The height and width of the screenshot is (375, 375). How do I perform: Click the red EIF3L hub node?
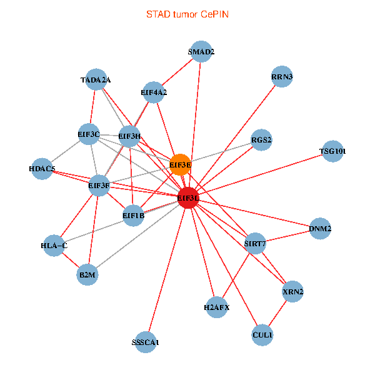(189, 198)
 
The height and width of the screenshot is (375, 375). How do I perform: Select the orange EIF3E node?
(180, 164)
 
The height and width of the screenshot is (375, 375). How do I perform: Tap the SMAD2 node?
(201, 52)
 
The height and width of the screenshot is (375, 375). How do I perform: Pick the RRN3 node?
(282, 77)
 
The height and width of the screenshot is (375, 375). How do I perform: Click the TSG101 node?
(332, 151)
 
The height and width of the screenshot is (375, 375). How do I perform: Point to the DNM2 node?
(320, 229)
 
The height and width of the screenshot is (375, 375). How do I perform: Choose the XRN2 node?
(292, 292)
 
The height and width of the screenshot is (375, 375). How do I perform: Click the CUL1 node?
(262, 336)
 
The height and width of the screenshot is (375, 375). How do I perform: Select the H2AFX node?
(216, 307)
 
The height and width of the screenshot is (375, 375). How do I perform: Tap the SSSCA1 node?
(146, 342)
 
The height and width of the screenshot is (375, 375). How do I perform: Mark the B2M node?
(88, 274)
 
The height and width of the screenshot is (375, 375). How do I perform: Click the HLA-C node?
(54, 246)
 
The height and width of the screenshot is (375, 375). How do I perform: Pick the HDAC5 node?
(42, 169)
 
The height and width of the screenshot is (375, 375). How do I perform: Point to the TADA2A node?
(96, 79)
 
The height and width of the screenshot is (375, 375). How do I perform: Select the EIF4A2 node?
(154, 92)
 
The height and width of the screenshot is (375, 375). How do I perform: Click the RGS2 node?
(261, 140)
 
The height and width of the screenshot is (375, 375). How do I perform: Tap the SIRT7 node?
(255, 242)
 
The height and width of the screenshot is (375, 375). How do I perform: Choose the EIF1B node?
(133, 216)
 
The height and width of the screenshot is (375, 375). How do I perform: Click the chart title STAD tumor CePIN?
(187, 14)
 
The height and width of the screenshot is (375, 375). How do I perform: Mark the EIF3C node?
(89, 134)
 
